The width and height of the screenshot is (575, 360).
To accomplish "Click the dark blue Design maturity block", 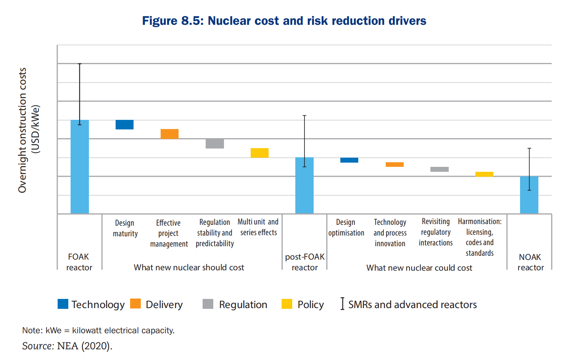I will coord(125,125).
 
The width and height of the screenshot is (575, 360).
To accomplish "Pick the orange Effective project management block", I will coord(169,134).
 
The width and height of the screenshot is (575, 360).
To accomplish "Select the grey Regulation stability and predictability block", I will coord(215,144).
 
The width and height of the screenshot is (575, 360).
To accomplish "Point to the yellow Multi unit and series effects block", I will coord(259,153).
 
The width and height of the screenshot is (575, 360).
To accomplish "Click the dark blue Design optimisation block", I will coord(349,160).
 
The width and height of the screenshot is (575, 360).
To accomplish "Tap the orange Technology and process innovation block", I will coord(395,165).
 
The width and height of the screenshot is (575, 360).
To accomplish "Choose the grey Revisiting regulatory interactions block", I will coord(440,169).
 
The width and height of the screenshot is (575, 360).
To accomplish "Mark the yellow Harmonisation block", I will coord(484,174).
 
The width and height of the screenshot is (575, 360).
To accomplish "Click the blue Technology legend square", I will coord(63,304).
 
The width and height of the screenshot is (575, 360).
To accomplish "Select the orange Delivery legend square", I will coord(135,304).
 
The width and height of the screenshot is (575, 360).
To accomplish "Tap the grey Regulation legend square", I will coord(208,304).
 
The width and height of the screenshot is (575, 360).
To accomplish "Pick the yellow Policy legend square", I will coord(287,304).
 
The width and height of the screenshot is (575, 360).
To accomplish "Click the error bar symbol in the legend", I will coord(342,304).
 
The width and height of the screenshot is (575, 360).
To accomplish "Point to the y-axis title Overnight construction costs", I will coord(23,130).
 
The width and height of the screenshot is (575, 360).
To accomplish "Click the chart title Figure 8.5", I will coord(284,21).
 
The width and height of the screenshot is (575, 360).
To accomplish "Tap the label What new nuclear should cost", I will coord(189,268).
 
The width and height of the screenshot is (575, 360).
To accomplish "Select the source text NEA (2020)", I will coord(84,346).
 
